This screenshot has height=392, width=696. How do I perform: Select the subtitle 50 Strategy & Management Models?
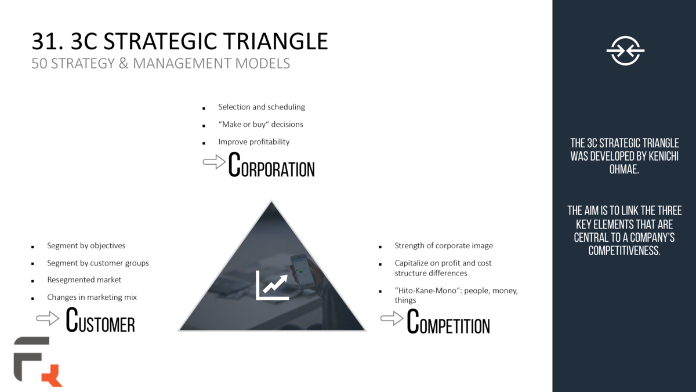click(161, 63)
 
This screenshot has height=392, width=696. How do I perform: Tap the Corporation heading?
click(271, 165)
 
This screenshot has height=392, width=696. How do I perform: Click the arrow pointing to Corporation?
click(214, 162)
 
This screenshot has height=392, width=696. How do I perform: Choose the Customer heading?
click(100, 321)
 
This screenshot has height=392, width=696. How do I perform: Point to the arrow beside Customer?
click(48, 318)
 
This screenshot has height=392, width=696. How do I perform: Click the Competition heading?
click(448, 322)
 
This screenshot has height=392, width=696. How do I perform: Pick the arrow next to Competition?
click(392, 318)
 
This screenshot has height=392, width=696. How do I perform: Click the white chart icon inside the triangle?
click(273, 285)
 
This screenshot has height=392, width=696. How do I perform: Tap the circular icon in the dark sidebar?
click(625, 51)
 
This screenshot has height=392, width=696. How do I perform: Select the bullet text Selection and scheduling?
click(262, 107)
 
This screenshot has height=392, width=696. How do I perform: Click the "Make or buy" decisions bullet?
click(260, 124)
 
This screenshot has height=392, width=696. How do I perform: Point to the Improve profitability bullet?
click(253, 141)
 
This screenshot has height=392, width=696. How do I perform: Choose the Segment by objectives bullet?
click(86, 245)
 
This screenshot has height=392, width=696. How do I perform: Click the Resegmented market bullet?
click(84, 280)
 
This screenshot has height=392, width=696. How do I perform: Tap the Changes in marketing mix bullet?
click(92, 297)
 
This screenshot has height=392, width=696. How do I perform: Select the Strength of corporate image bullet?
click(444, 245)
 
